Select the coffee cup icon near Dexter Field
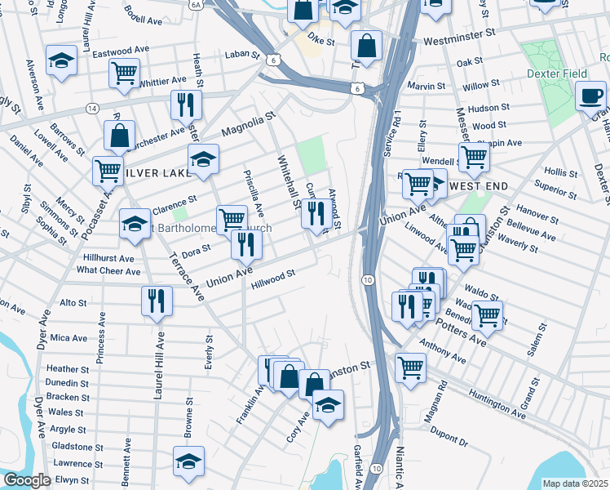(590, 96)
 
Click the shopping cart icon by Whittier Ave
(124, 73)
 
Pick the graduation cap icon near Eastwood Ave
(61, 62)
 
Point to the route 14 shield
(92, 108)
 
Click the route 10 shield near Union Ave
(369, 280)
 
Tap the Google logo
(27, 480)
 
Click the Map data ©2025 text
(575, 483)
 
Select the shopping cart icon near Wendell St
(473, 155)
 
